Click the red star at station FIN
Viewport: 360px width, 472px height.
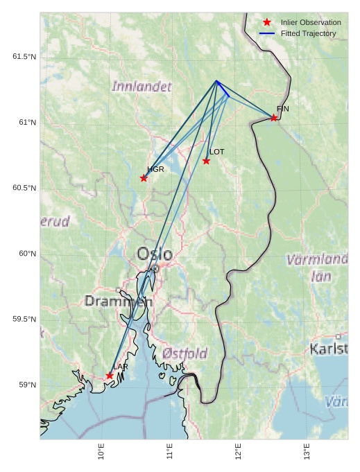[x=274, y=118]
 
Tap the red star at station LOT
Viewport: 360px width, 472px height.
[x=207, y=161]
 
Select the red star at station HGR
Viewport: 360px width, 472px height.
[x=144, y=178]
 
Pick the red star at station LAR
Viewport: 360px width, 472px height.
[x=110, y=376]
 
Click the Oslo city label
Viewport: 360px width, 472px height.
[x=155, y=254]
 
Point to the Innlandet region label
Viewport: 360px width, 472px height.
[x=141, y=87]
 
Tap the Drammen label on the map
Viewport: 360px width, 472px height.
[x=118, y=301]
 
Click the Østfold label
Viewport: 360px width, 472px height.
[x=185, y=353]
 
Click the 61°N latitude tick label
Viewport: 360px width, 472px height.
[x=27, y=123]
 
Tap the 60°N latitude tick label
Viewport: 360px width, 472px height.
[x=27, y=254]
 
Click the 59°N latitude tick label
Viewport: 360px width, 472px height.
[x=27, y=385]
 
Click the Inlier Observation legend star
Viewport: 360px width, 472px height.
[x=267, y=23]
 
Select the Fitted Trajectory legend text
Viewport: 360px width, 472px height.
[x=308, y=33]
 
